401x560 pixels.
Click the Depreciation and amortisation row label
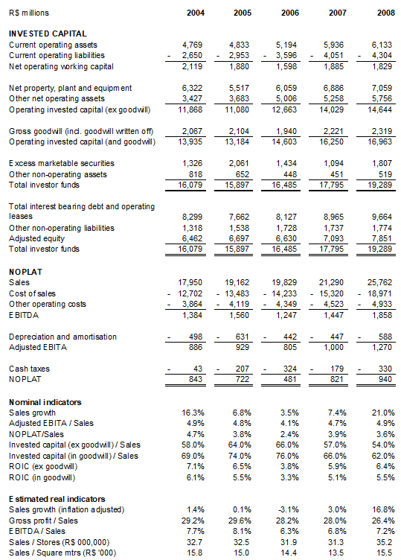(62, 337)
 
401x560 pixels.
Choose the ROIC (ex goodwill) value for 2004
(194, 465)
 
